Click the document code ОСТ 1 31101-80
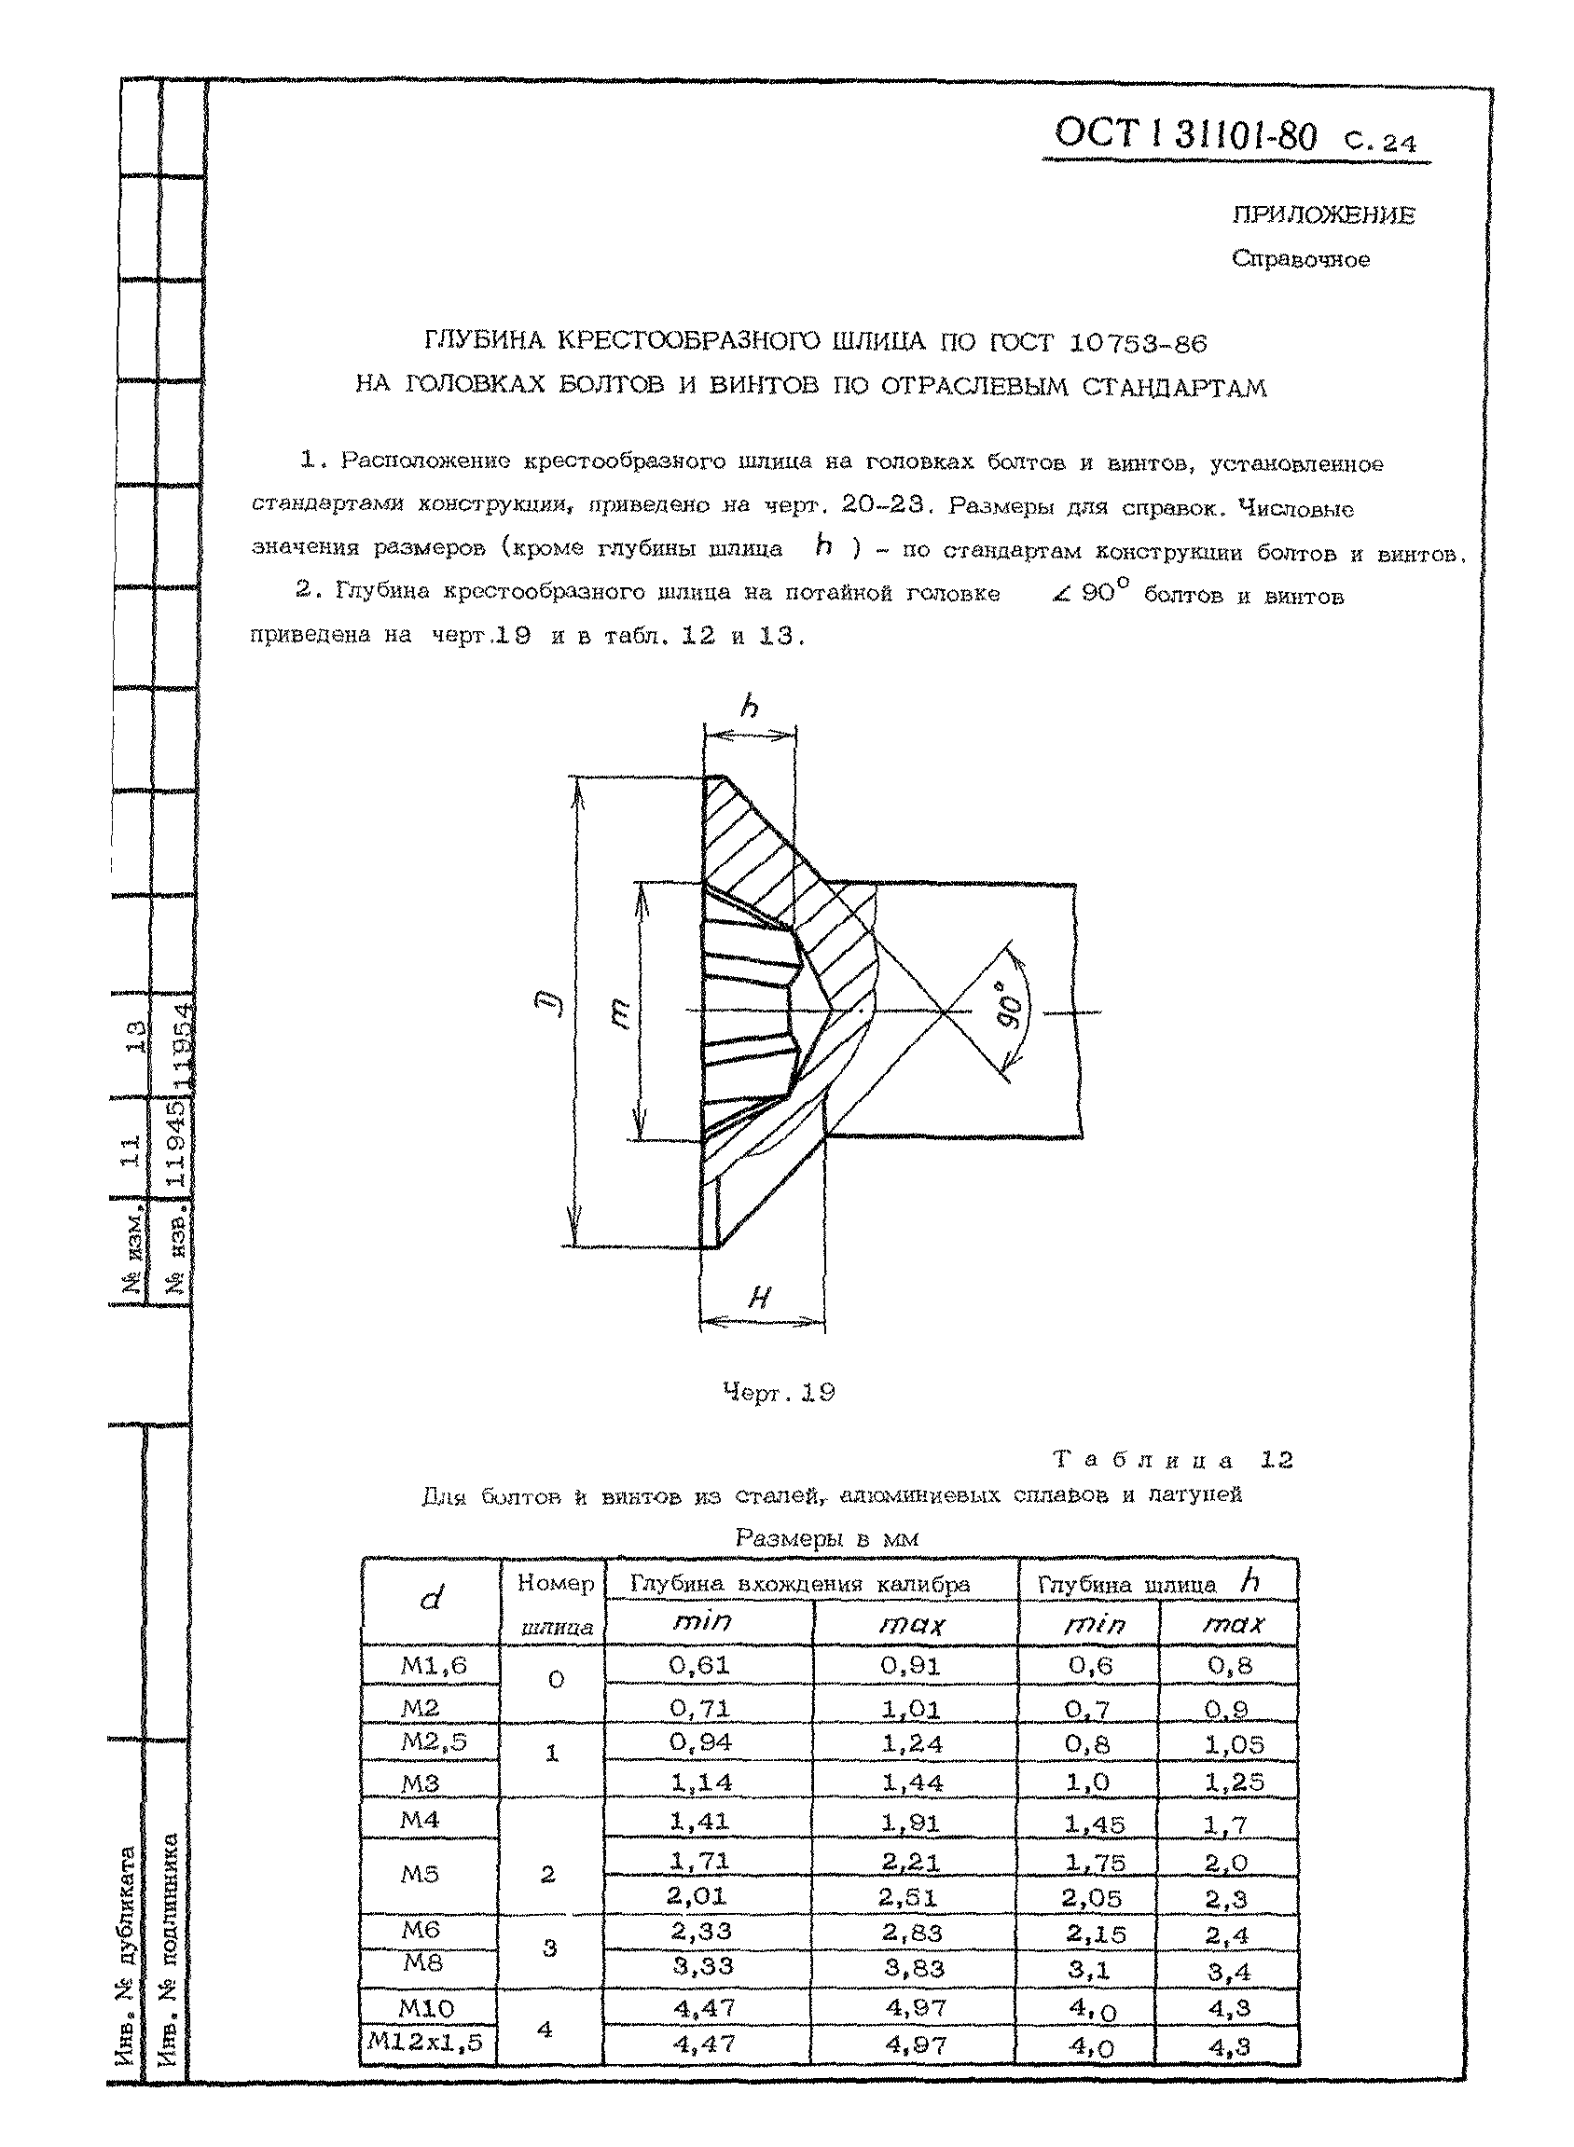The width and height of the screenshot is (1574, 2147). [x=1185, y=136]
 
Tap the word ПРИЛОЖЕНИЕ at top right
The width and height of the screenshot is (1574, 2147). [x=1323, y=215]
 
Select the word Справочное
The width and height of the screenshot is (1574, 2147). [x=1301, y=259]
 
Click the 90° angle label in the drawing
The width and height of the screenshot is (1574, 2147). [x=1013, y=1005]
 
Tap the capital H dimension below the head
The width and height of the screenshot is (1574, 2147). [x=758, y=1297]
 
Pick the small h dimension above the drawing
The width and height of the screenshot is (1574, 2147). [x=750, y=707]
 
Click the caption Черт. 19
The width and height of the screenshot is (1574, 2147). [x=779, y=1393]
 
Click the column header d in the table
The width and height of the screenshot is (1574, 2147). [x=431, y=1600]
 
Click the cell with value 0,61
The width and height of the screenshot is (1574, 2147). [x=700, y=1665]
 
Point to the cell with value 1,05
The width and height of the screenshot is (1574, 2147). [x=1233, y=1744]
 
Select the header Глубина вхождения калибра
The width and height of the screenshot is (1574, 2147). [x=800, y=1584]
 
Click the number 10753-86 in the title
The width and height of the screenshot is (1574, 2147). [x=1138, y=342]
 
